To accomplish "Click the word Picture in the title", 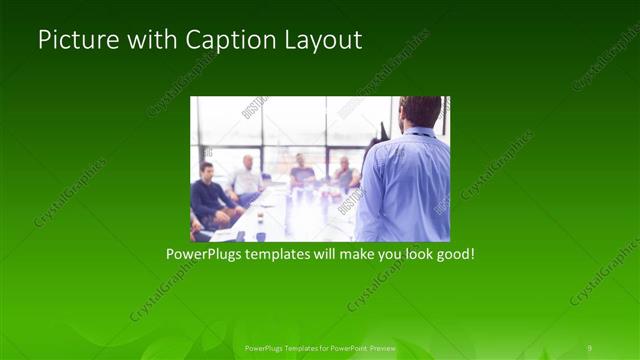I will click(x=73, y=40).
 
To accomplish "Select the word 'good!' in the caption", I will click(x=453, y=255).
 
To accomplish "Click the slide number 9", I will click(x=589, y=347).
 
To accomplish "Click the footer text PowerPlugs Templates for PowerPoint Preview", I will click(x=320, y=347).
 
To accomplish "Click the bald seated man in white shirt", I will click(x=245, y=180).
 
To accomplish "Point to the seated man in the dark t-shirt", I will click(x=302, y=174).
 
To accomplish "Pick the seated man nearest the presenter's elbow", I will click(x=345, y=174).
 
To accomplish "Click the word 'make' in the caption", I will click(x=353, y=255).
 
